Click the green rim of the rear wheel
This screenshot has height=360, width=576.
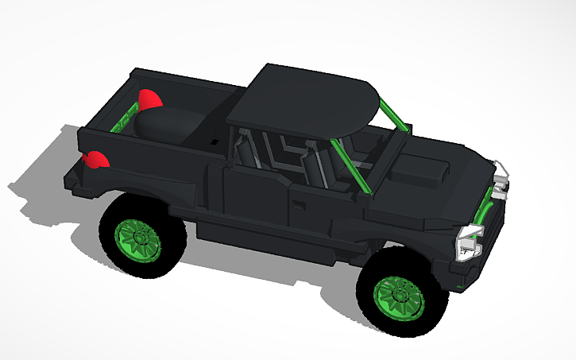[x=140, y=237]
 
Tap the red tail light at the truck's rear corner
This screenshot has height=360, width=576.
[x=96, y=160]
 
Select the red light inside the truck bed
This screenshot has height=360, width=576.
[x=149, y=99]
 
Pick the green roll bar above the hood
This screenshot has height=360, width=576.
[x=394, y=116]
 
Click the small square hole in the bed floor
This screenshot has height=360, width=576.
[x=215, y=142]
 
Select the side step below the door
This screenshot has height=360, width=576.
[x=270, y=238]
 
